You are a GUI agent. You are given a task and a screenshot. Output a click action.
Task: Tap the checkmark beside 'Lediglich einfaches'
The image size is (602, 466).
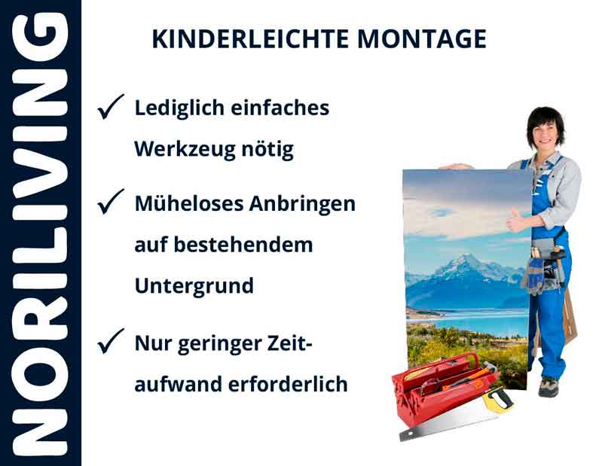110,109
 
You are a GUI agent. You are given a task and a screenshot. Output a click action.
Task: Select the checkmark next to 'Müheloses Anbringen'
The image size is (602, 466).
110,203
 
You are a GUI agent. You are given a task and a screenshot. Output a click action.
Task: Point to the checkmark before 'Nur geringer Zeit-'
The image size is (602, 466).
110,343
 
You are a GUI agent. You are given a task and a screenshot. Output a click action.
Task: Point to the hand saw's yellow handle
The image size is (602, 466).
497,400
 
